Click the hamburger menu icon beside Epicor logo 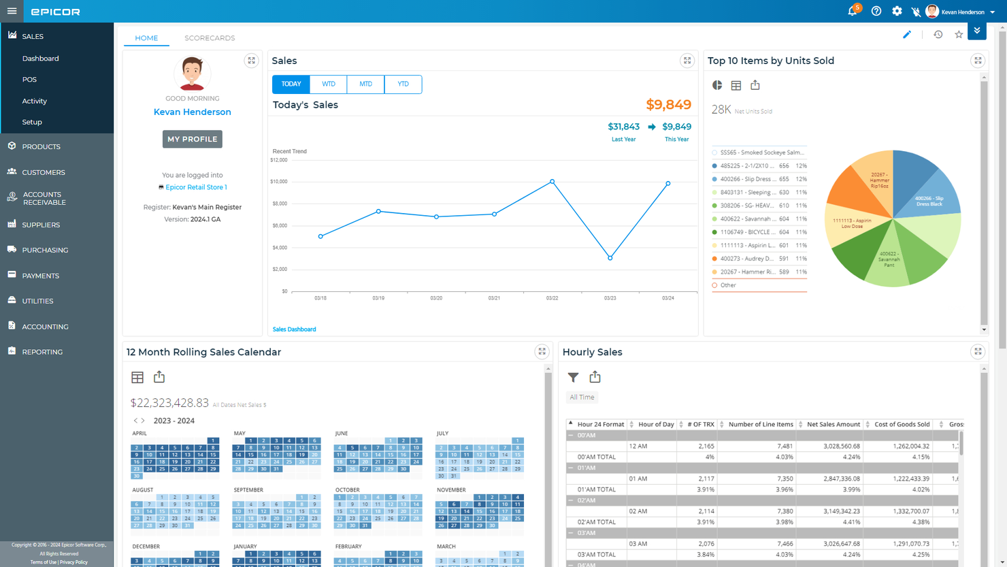(12, 11)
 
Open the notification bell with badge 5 (853, 12)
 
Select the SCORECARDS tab (210, 38)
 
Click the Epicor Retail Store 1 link (196, 187)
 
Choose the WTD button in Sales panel (329, 84)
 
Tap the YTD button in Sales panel (403, 84)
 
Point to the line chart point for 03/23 (610, 258)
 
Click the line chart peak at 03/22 (552, 182)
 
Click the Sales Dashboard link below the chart (294, 329)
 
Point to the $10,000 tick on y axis (279, 182)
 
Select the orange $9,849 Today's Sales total (668, 105)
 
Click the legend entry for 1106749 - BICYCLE (748, 232)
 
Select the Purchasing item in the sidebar (45, 250)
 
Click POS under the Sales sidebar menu (29, 80)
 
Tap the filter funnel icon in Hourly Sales (574, 377)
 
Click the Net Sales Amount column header (833, 424)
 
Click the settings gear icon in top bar (897, 12)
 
